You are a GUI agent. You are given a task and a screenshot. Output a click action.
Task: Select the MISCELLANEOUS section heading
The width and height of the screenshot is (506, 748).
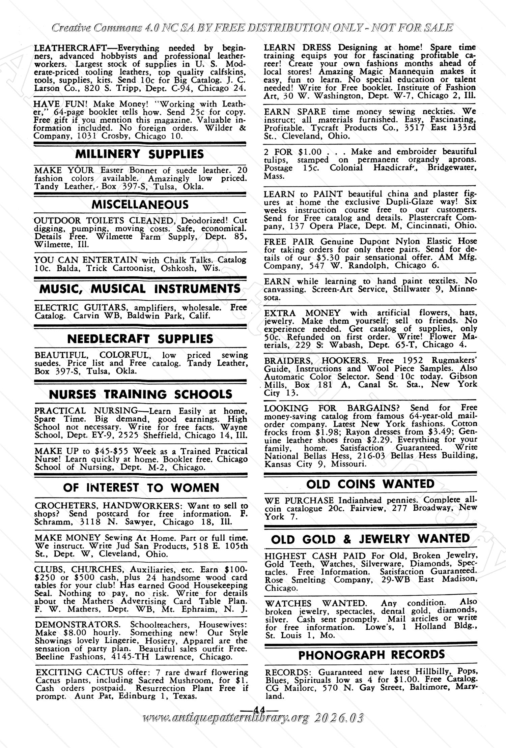pyautogui.click(x=140, y=205)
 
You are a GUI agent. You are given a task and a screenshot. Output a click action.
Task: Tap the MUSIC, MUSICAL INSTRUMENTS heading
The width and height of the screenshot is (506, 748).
pyautogui.click(x=140, y=289)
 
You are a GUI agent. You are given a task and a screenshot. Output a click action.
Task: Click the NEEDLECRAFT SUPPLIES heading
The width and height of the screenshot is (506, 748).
pyautogui.click(x=140, y=339)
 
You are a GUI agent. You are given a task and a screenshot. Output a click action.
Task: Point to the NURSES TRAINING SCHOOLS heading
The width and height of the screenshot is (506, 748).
pyautogui.click(x=140, y=394)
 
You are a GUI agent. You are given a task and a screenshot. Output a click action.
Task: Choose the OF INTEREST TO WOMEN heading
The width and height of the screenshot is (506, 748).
pyautogui.click(x=141, y=488)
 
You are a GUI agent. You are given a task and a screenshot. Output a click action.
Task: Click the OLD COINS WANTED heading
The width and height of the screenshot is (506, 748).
pyautogui.click(x=370, y=484)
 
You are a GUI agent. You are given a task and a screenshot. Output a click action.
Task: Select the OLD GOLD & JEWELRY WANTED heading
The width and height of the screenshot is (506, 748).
pyautogui.click(x=370, y=539)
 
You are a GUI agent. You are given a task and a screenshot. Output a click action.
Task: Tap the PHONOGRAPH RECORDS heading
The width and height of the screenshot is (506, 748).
pyautogui.click(x=371, y=655)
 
